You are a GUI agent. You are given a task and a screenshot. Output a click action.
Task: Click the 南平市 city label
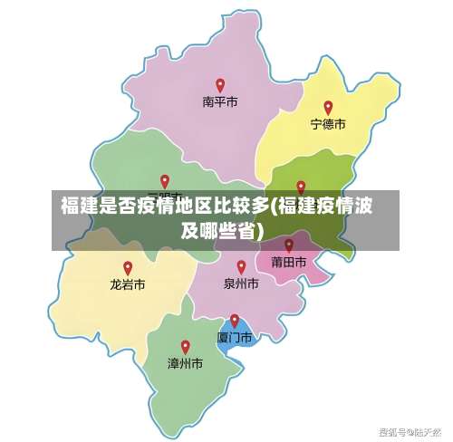[220, 102]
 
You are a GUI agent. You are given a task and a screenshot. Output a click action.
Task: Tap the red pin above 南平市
[220, 85]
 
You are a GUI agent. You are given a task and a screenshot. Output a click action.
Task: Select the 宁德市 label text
[328, 124]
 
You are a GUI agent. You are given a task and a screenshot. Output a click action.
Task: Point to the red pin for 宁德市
[328, 107]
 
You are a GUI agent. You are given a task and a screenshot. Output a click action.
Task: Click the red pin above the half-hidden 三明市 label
[164, 181]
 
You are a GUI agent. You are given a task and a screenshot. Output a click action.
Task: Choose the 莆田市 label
[289, 262]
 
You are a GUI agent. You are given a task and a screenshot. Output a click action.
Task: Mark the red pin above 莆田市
[289, 245]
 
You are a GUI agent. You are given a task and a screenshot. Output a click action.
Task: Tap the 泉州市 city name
[241, 283]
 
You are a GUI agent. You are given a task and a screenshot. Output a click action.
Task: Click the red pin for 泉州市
[241, 266]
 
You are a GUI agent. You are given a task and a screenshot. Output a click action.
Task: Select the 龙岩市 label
[128, 284]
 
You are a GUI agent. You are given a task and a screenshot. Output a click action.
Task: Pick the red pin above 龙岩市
[128, 267]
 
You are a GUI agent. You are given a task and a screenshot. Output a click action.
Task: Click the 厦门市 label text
[235, 337]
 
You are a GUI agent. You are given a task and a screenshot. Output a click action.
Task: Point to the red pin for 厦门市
[235, 320]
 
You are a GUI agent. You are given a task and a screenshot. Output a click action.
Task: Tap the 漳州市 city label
[185, 363]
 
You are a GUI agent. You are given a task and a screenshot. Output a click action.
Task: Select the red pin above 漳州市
[185, 346]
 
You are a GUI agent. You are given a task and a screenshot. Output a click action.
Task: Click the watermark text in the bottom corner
[410, 430]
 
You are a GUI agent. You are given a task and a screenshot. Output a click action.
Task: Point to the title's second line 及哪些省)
[223, 231]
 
